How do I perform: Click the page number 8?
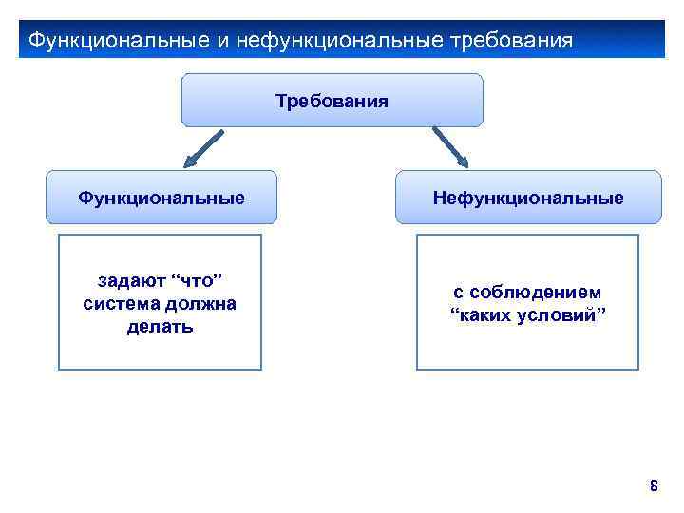pyautogui.click(x=653, y=486)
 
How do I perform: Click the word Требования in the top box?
pyautogui.click(x=332, y=100)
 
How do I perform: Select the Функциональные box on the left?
pyautogui.click(x=161, y=198)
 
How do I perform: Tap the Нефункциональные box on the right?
pyautogui.click(x=528, y=198)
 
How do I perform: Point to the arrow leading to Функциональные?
pyautogui.click(x=203, y=148)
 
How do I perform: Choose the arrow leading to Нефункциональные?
pyautogui.click(x=446, y=146)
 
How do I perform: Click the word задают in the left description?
pyautogui.click(x=129, y=281)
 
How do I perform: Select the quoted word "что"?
pyautogui.click(x=196, y=281)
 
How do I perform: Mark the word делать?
pyautogui.click(x=160, y=327)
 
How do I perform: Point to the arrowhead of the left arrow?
pyautogui.click(x=191, y=161)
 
